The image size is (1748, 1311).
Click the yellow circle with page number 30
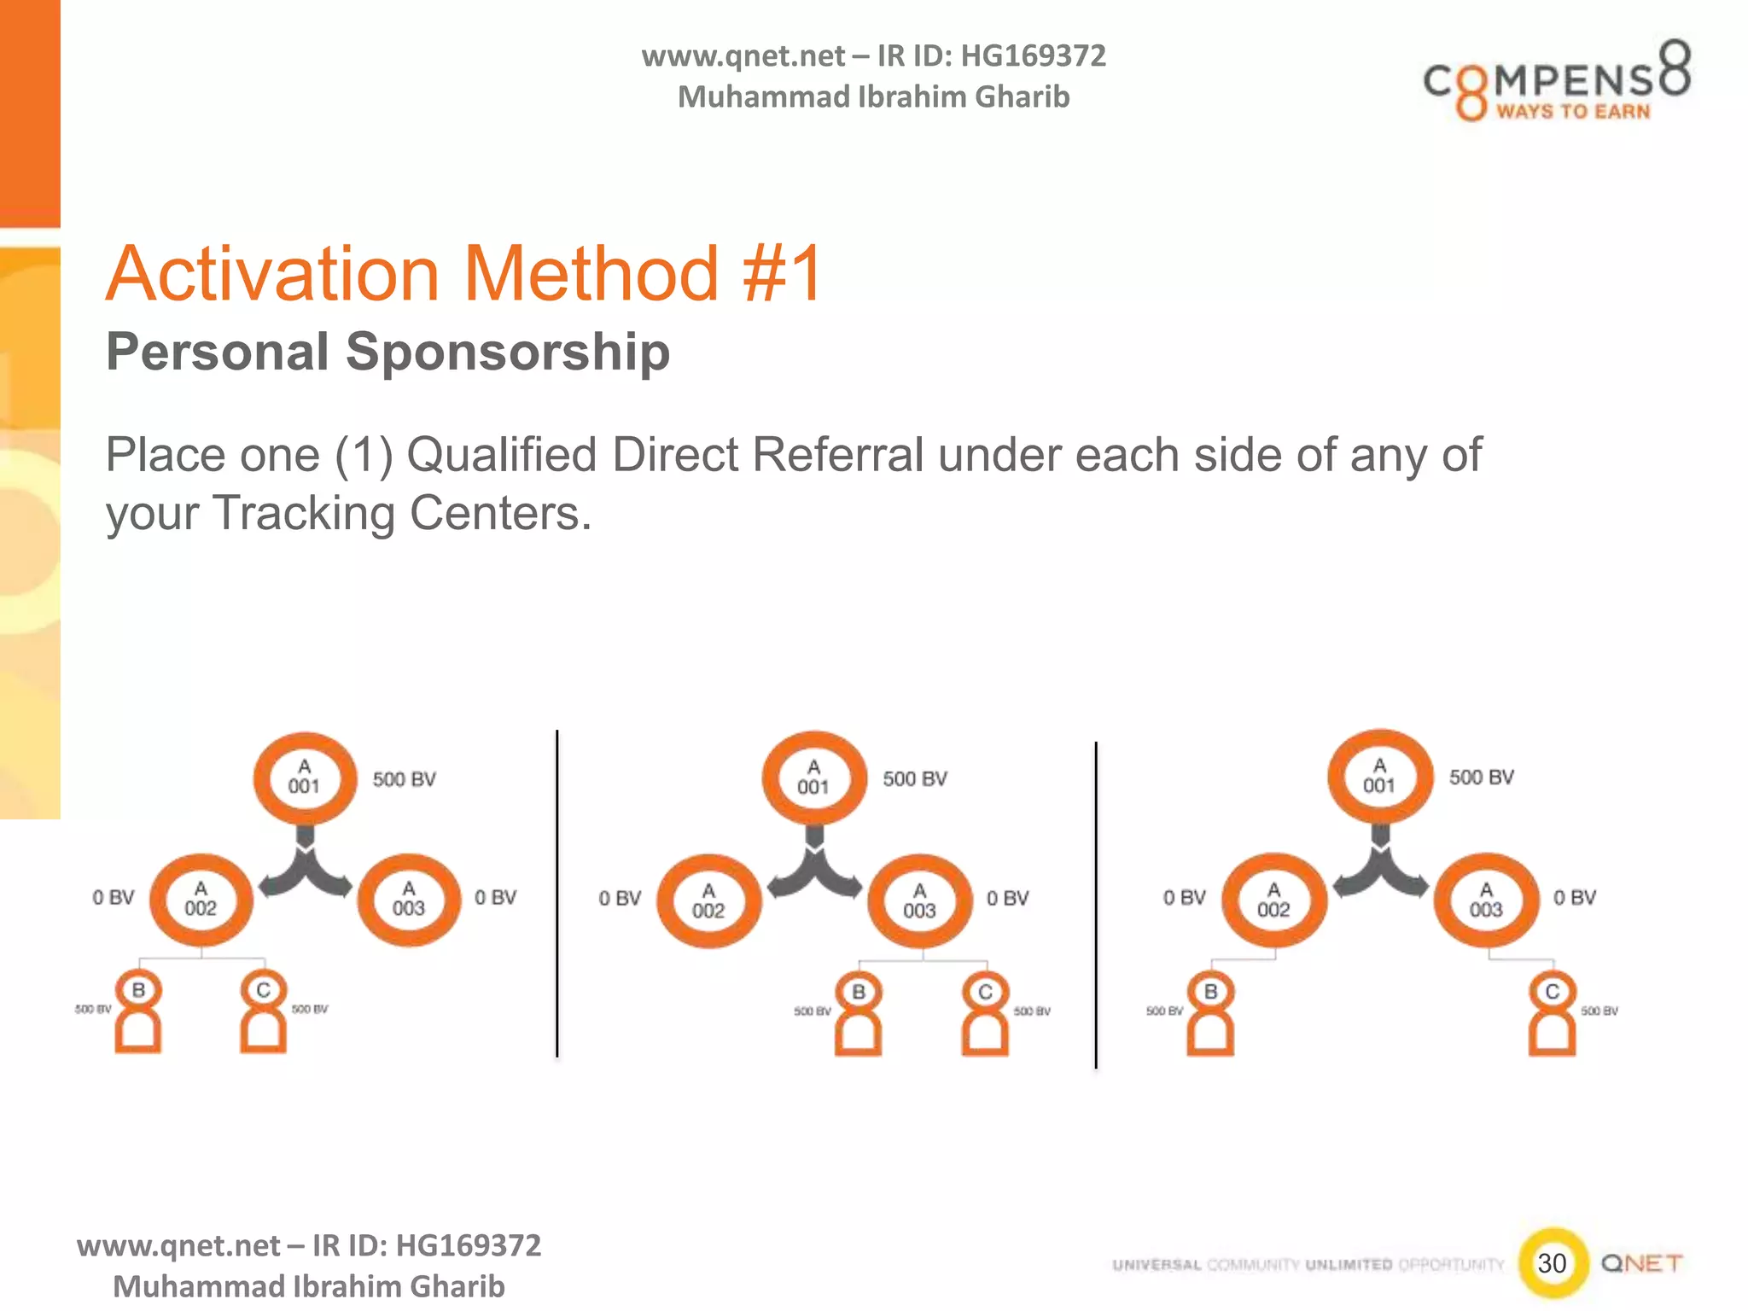click(x=1553, y=1262)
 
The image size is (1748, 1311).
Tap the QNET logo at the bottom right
click(x=1641, y=1263)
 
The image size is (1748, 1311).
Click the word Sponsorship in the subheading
click(x=507, y=352)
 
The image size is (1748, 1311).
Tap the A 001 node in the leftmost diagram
click(x=305, y=778)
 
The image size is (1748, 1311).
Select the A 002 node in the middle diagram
click(x=708, y=900)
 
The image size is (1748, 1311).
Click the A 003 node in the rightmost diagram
click(x=1486, y=900)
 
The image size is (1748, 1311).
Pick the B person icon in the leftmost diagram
click(x=138, y=1012)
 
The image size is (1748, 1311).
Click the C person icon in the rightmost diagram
click(x=1552, y=1014)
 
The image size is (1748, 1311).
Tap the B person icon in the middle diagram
click(x=859, y=1014)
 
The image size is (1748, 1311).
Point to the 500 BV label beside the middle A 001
click(x=915, y=778)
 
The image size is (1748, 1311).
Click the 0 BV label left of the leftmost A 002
click(x=114, y=897)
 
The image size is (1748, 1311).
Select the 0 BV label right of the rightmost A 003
click(x=1575, y=897)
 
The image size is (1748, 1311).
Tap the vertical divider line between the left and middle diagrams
click(x=557, y=893)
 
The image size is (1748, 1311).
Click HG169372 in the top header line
click(x=1033, y=56)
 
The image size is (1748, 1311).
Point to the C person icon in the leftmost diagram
click(x=263, y=1012)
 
